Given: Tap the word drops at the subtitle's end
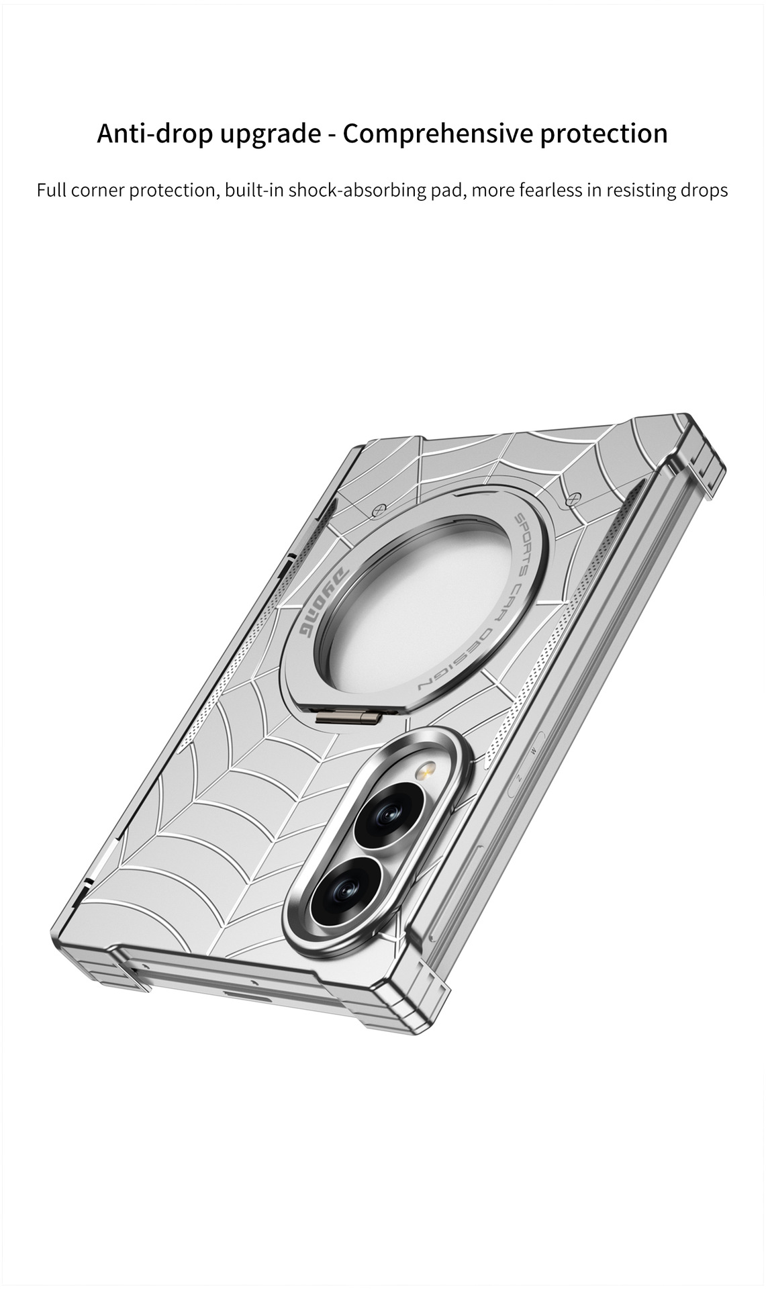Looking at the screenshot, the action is pyautogui.click(x=702, y=191).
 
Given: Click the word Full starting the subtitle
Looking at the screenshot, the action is pyautogui.click(x=51, y=190).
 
